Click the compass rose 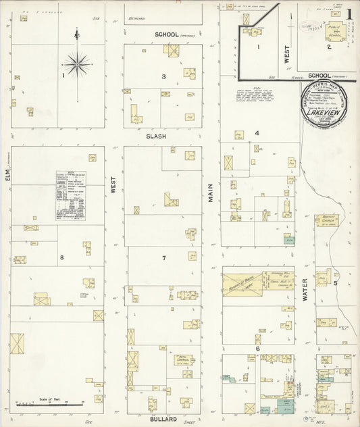(x=77, y=66)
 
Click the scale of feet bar (x=50, y=404)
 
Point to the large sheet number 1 (x=349, y=13)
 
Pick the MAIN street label (x=211, y=193)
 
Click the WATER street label (x=305, y=300)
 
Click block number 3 (x=163, y=76)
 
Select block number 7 (x=163, y=258)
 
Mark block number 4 (x=257, y=133)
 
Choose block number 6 (x=257, y=349)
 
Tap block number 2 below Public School (x=329, y=47)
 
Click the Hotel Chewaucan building (x=182, y=359)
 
